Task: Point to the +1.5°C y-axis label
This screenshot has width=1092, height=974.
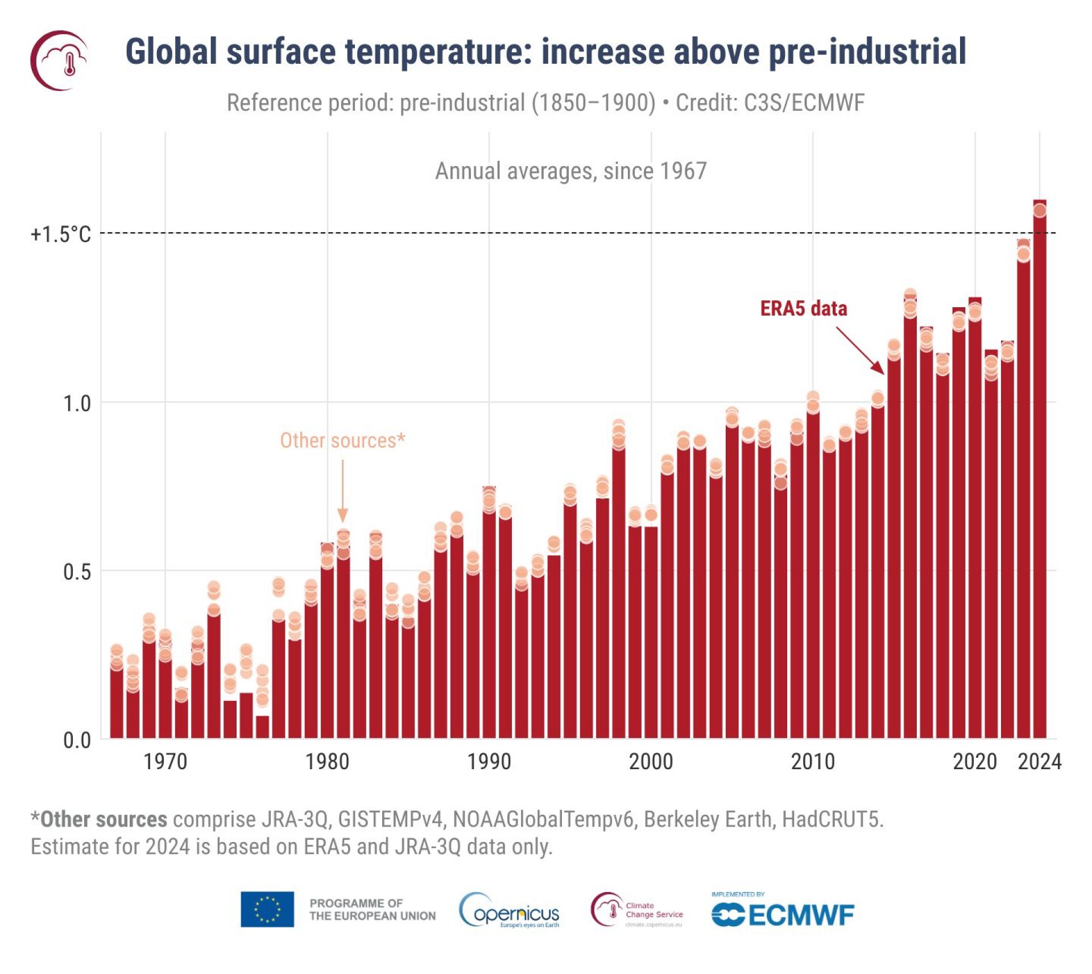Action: point(60,234)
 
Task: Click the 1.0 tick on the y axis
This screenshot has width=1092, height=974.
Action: point(77,403)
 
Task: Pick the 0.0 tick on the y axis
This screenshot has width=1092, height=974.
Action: point(77,740)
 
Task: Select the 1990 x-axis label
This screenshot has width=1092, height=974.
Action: point(489,761)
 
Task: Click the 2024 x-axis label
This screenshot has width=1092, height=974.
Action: point(1039,761)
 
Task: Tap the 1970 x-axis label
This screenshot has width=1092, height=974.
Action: point(165,761)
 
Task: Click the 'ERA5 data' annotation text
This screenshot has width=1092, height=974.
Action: point(803,308)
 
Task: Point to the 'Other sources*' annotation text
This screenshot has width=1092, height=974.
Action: point(342,440)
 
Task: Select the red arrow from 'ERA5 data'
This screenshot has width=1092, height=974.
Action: point(860,350)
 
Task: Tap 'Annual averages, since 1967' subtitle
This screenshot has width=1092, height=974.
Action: point(570,171)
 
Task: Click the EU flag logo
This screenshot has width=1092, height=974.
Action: point(267,909)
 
